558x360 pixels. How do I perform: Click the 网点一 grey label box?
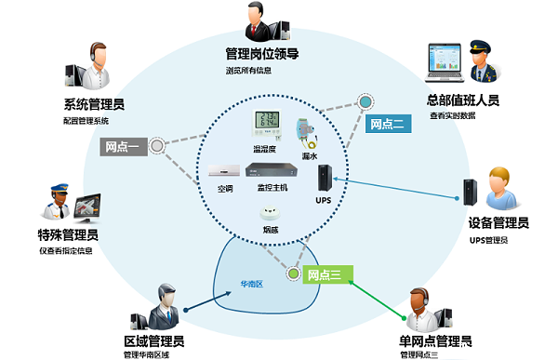pyautogui.click(x=121, y=146)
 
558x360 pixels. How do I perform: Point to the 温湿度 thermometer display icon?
pyautogui.click(x=269, y=127)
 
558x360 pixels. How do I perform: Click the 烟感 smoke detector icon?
pyautogui.click(x=271, y=213)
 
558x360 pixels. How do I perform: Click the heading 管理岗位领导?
pyautogui.click(x=261, y=53)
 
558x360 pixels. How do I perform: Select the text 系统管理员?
pyautogui.click(x=95, y=103)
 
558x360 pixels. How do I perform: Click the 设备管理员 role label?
pyautogui.click(x=498, y=223)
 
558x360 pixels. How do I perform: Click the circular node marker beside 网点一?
pyautogui.click(x=157, y=145)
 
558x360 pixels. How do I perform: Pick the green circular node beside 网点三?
pyautogui.click(x=294, y=273)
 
